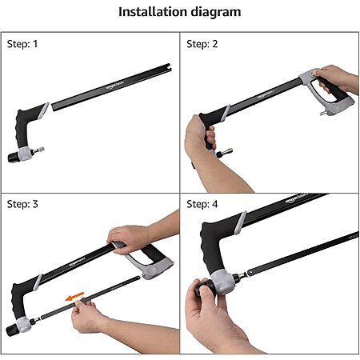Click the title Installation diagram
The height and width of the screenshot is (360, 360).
[x=180, y=12]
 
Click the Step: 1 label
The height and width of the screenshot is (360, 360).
[x=22, y=44]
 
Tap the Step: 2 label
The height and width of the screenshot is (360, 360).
[x=202, y=44]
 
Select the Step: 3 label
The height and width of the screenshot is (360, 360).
[x=22, y=204]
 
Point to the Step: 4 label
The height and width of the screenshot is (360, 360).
[x=202, y=204]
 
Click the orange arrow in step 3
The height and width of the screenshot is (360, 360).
[x=75, y=296]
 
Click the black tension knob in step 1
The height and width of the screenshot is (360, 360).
[x=13, y=158]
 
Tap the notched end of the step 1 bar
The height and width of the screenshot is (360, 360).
[x=167, y=68]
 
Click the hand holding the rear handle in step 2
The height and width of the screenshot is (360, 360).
[x=337, y=79]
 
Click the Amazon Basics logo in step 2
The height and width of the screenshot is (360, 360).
[x=266, y=94]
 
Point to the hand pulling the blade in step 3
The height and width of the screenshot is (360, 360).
[x=85, y=315]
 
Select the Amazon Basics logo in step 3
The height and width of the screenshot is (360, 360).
[x=77, y=262]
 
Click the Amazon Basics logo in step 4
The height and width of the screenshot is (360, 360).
[x=297, y=198]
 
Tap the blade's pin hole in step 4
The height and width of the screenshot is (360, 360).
[x=250, y=272]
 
